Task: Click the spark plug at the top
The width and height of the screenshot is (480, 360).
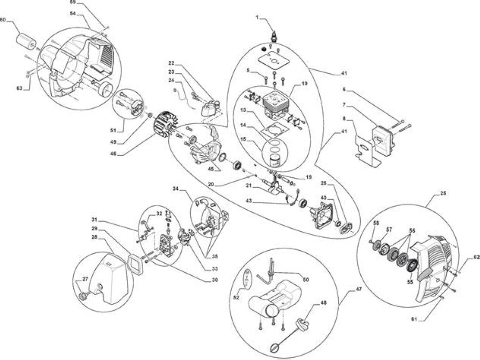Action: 274,36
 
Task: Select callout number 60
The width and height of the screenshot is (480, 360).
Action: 3,20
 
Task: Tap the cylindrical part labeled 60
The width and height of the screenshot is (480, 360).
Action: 26,41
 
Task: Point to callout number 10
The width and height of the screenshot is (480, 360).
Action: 304,83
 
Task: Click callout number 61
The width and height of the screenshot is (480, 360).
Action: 414,319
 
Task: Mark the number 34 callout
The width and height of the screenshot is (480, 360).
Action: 175,189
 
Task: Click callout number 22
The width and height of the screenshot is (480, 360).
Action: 171,63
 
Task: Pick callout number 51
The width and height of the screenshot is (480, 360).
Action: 113,130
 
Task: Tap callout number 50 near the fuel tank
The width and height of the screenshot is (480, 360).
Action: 306,279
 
